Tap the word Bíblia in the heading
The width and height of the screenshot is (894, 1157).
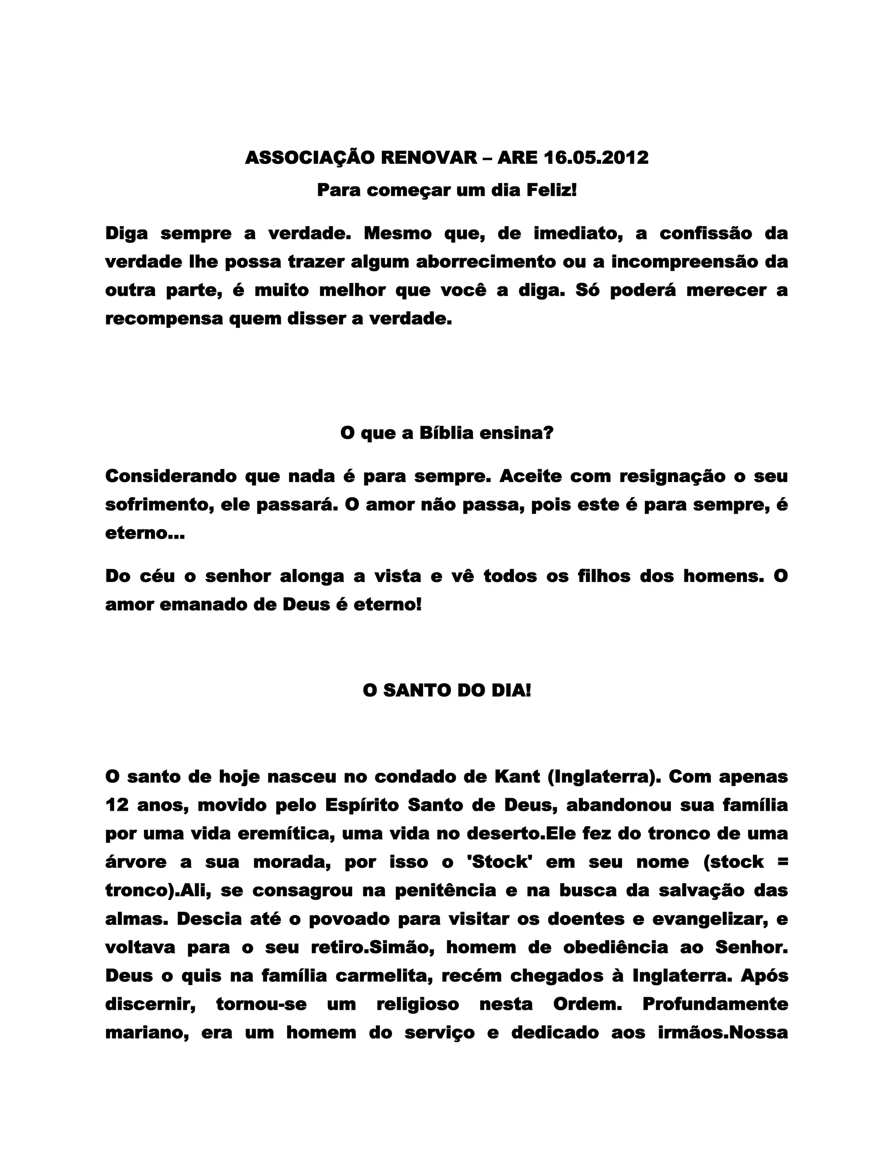(446, 433)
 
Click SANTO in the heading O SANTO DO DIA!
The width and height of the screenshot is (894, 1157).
(415, 690)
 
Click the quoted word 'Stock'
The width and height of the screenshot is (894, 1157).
(501, 862)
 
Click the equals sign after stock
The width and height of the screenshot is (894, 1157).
(783, 862)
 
